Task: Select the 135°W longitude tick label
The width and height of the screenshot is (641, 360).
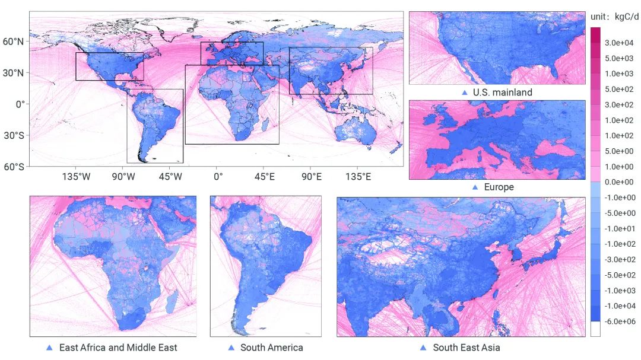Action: click(77, 176)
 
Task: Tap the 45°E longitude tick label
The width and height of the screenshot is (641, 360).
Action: click(265, 176)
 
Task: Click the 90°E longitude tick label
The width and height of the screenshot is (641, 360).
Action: click(311, 176)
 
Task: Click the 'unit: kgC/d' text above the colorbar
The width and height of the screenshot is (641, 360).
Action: click(614, 17)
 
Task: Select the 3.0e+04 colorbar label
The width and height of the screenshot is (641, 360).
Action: click(620, 43)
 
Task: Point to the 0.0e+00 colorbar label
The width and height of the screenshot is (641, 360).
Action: click(620, 182)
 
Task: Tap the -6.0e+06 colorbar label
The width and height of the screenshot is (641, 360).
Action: click(620, 321)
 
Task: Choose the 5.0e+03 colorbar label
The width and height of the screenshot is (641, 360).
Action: click(620, 58)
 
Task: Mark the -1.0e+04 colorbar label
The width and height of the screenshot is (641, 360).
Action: click(620, 306)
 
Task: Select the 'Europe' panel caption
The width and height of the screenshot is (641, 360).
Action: click(499, 187)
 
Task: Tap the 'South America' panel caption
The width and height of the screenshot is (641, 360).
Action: click(271, 348)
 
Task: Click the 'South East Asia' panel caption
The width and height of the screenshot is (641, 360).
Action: click(466, 348)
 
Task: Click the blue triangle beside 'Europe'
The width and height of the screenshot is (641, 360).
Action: click(474, 187)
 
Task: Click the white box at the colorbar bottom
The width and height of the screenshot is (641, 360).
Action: click(595, 329)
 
